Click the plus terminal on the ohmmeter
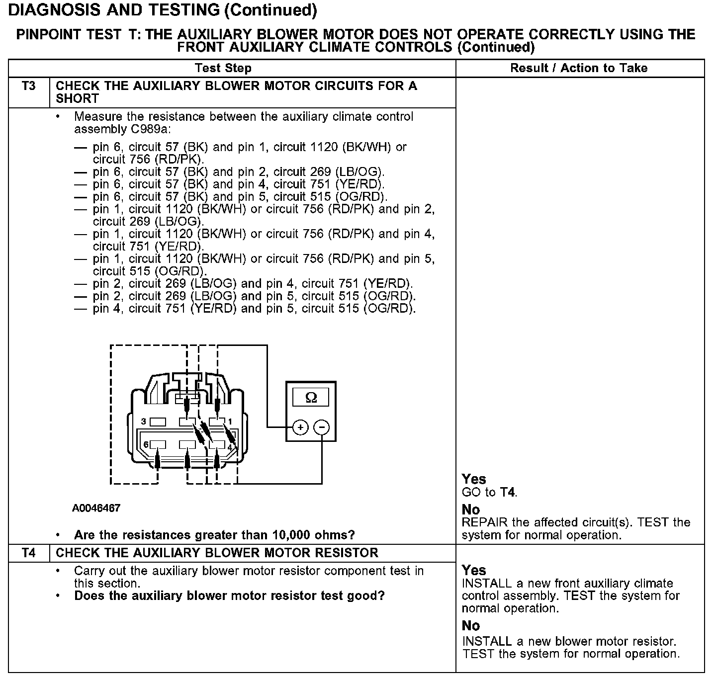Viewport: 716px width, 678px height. [300, 427]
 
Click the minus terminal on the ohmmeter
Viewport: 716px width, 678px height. [322, 427]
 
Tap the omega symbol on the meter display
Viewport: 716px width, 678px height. [311, 398]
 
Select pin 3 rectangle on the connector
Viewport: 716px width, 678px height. [158, 422]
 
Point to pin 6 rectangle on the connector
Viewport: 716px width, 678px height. [158, 444]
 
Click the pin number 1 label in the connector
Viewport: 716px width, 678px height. [230, 422]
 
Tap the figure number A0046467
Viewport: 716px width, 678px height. [96, 508]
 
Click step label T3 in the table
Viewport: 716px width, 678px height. [29, 86]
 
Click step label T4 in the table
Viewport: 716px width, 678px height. [29, 553]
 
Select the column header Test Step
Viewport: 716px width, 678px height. [223, 68]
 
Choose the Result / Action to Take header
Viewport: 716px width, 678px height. [579, 68]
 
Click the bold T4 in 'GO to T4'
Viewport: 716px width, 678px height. [507, 493]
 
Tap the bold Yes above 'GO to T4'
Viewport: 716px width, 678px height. [474, 479]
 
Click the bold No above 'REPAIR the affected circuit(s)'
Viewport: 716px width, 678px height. [470, 509]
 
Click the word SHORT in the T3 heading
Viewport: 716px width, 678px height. [78, 98]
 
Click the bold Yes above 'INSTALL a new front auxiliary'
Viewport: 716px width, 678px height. [474, 570]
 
